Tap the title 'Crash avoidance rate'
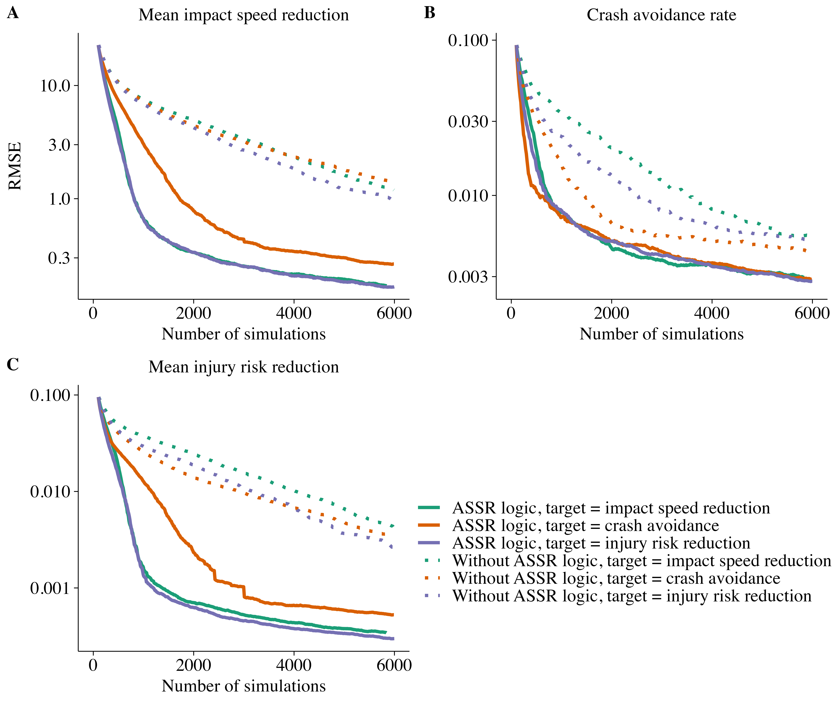pyautogui.click(x=661, y=15)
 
